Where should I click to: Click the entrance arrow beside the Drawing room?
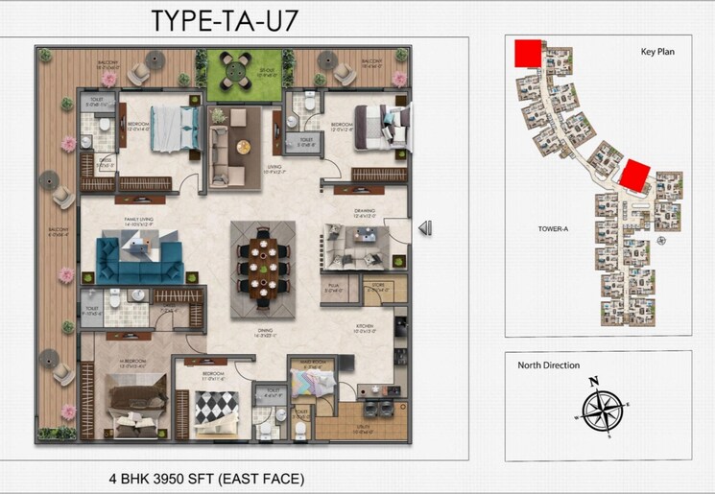coord(425,227)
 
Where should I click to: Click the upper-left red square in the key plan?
coord(528,54)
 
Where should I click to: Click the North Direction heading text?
coord(550,365)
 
